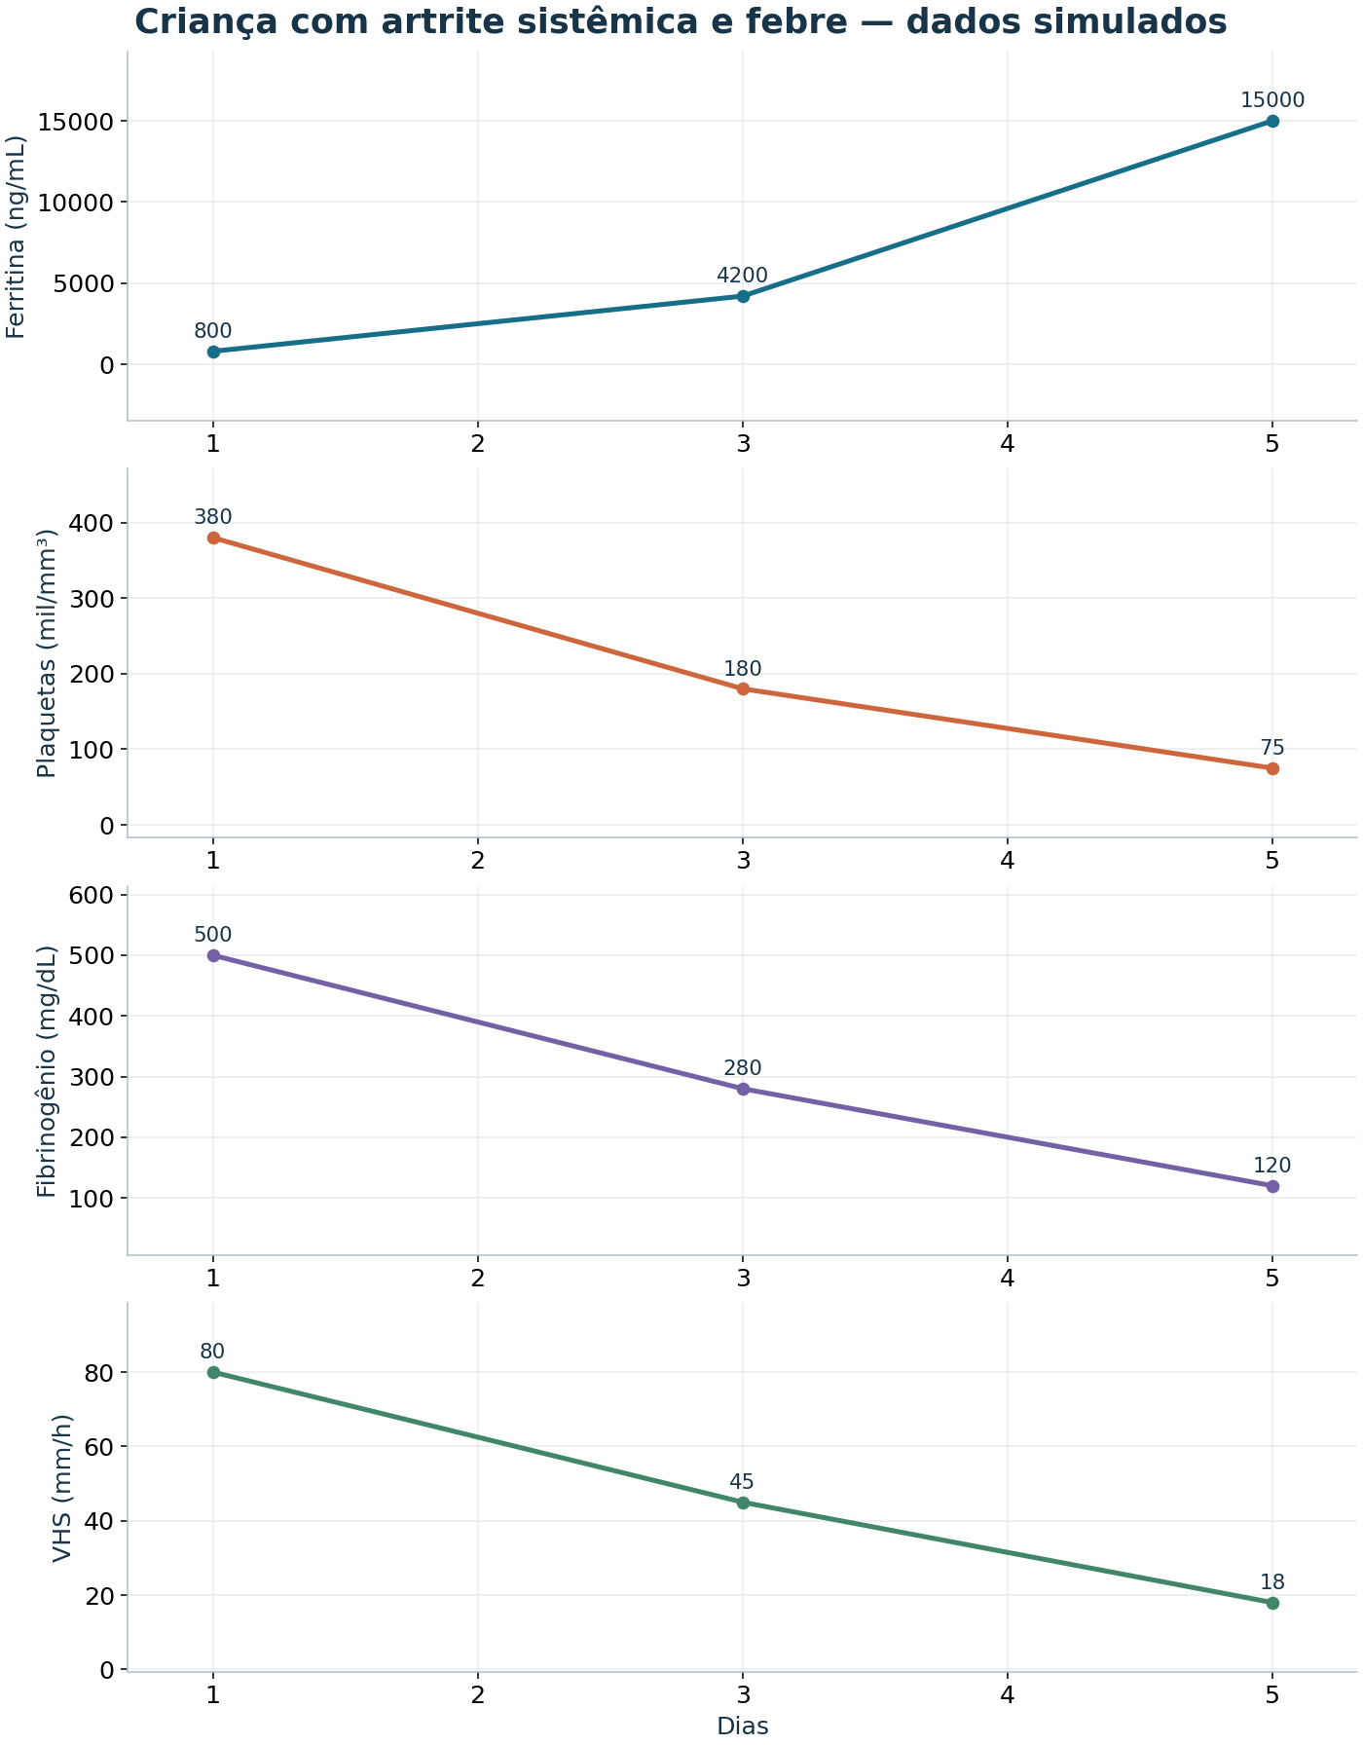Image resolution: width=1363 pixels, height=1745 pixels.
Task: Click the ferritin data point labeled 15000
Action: (1272, 121)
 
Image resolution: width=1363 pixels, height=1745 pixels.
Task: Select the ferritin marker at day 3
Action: (743, 296)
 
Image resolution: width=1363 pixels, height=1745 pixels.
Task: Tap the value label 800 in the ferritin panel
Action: (213, 331)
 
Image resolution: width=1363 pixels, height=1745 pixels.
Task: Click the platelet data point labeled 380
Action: (213, 538)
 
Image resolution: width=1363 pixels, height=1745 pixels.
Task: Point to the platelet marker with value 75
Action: (1272, 768)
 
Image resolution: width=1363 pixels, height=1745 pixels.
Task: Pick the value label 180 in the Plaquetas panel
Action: (743, 669)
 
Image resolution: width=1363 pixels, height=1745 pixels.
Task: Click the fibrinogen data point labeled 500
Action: (213, 955)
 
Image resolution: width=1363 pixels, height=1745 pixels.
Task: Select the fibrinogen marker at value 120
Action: (1272, 1186)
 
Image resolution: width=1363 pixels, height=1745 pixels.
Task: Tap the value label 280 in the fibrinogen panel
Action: (743, 1069)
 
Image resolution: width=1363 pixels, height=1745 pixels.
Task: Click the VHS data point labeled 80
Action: (213, 1372)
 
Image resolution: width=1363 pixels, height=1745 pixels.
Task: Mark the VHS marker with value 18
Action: (1272, 1603)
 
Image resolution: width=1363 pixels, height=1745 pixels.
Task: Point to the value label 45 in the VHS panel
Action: (743, 1482)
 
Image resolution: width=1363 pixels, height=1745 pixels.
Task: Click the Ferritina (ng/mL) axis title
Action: (17, 237)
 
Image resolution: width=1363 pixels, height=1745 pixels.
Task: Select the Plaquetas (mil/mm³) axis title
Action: (46, 653)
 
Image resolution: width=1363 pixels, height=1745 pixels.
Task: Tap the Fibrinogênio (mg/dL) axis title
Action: (46, 1071)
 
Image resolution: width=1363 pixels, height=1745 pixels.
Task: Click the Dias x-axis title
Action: (743, 1726)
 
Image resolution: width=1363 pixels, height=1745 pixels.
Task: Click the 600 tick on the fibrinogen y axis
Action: (95, 895)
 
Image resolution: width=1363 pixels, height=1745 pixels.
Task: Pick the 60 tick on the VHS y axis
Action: (102, 1447)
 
